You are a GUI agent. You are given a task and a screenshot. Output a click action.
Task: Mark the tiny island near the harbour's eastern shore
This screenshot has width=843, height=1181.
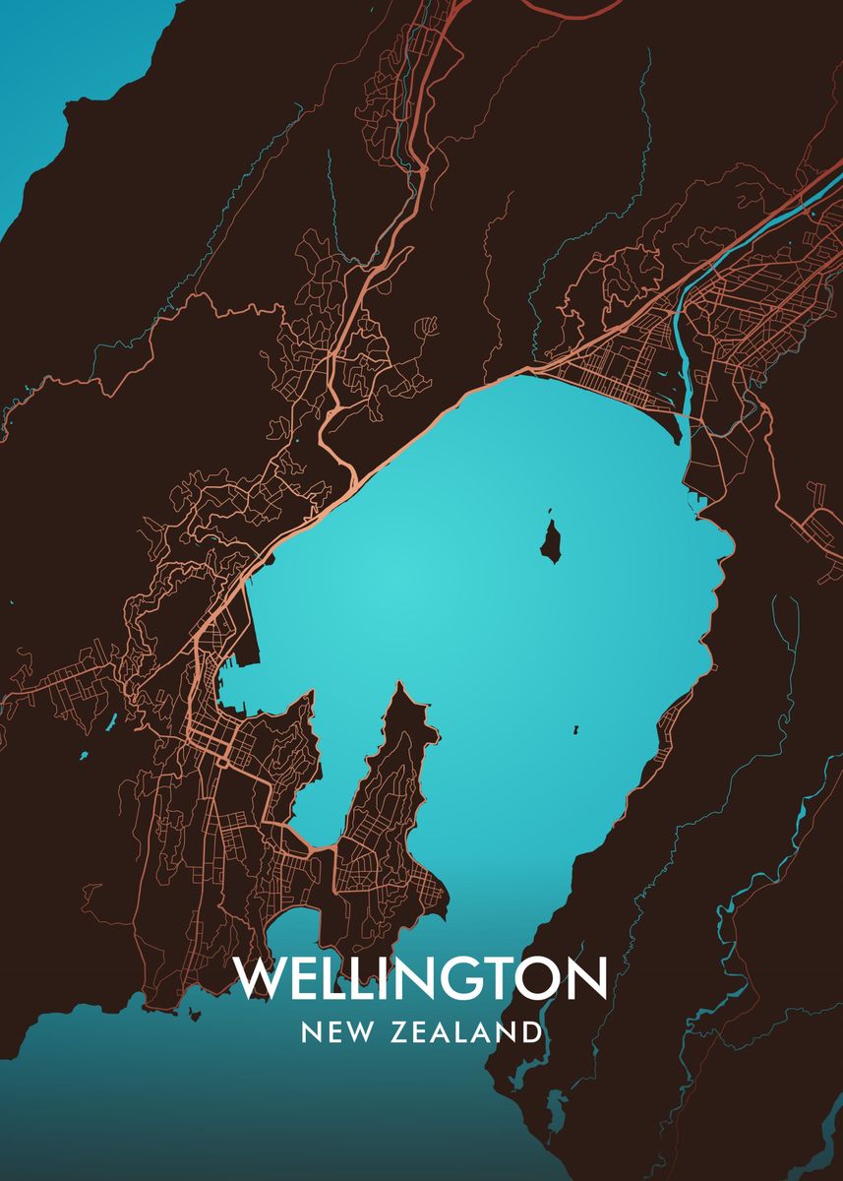click(x=575, y=730)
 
